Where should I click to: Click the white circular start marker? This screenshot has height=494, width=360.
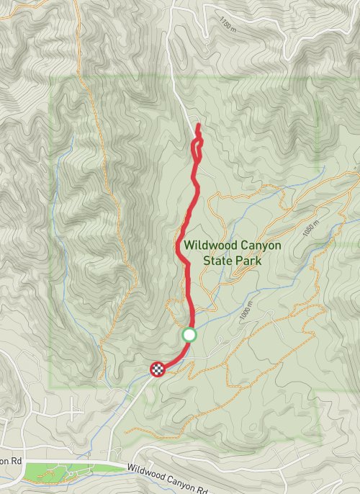[189, 334]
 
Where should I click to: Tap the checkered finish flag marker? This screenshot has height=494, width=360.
[158, 369]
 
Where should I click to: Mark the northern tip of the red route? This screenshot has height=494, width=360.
[197, 125]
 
